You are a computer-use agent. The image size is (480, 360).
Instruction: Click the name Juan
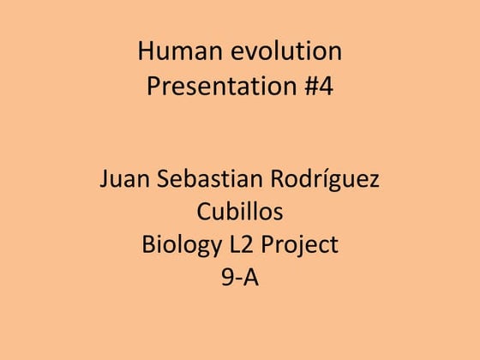click(123, 181)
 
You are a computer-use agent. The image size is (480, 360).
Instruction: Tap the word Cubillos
click(240, 213)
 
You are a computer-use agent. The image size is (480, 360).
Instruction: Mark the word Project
click(300, 247)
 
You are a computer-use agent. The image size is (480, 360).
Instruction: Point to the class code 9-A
click(240, 278)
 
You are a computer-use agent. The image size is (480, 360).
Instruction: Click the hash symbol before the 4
click(310, 87)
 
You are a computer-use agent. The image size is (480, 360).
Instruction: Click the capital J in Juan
click(104, 181)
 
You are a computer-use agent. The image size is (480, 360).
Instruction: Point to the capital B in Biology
click(148, 245)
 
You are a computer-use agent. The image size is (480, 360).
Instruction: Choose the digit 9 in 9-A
click(228, 278)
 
